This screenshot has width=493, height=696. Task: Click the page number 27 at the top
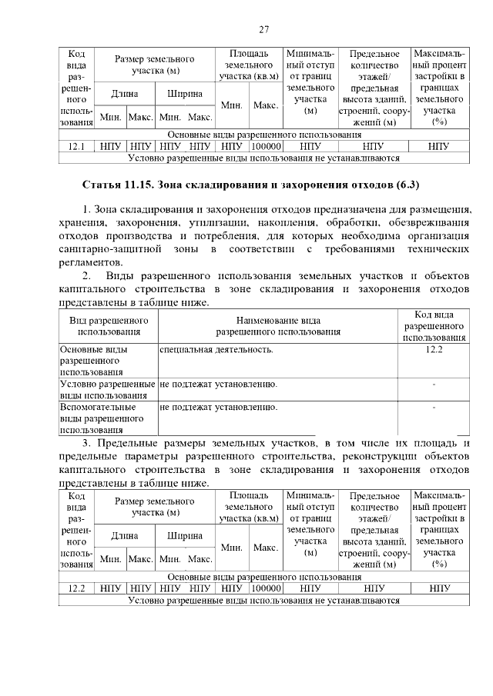click(263, 30)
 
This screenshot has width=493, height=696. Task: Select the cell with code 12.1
click(76, 145)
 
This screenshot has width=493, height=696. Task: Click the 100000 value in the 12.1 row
click(266, 145)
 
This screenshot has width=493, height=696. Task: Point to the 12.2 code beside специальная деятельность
click(434, 350)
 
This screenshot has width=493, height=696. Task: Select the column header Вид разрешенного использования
click(109, 325)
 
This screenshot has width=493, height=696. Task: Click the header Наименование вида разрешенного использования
click(278, 325)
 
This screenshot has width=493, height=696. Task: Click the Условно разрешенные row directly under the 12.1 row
click(263, 158)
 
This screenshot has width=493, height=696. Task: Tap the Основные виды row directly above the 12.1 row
click(263, 134)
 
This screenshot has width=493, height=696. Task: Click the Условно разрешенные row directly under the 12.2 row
click(263, 600)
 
